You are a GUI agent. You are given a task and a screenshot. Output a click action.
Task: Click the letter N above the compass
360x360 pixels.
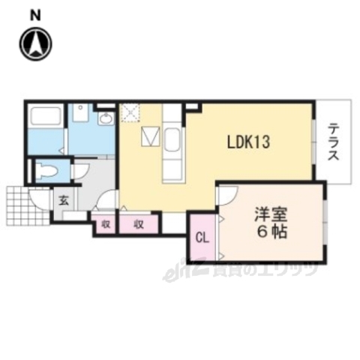(x=34, y=15)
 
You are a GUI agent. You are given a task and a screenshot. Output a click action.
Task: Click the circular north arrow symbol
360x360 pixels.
(x=34, y=43)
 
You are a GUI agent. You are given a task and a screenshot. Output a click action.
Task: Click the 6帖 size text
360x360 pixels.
(x=268, y=232)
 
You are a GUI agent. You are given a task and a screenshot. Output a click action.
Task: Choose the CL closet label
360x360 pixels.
(x=201, y=238)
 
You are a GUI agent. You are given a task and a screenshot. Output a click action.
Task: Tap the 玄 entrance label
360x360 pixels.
(x=64, y=200)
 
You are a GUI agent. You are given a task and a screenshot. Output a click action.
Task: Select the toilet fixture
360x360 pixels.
(x=46, y=171)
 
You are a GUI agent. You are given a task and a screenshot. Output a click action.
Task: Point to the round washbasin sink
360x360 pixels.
(x=105, y=118)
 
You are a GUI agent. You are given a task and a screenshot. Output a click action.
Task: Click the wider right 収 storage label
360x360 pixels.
(x=139, y=223)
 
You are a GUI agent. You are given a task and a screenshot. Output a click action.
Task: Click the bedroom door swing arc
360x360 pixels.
(x=223, y=196)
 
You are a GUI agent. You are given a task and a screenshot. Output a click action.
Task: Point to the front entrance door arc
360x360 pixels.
(x=36, y=200)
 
